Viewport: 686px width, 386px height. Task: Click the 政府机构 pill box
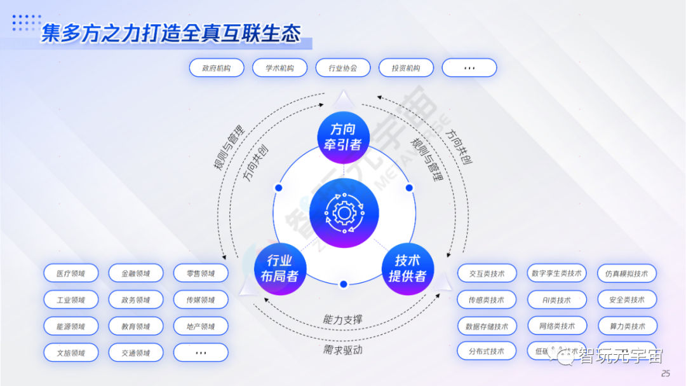(x=217, y=68)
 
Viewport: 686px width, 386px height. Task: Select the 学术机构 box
(x=279, y=68)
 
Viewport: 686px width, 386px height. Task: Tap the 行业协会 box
(x=342, y=68)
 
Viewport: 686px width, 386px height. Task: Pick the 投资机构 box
(x=406, y=68)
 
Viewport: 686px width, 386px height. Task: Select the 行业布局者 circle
(x=279, y=268)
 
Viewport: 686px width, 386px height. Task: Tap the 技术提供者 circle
(x=407, y=268)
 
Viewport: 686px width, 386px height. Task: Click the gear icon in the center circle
(x=344, y=212)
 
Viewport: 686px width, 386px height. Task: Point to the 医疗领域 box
(x=71, y=273)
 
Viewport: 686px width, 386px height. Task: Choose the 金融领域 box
(x=136, y=273)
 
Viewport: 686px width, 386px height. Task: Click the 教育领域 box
(x=136, y=326)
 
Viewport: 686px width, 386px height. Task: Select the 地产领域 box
(x=201, y=326)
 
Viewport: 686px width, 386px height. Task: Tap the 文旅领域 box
(x=71, y=352)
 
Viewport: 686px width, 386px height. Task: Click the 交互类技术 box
(x=487, y=274)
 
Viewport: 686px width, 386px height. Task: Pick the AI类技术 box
(x=557, y=300)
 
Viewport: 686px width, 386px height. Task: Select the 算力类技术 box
(x=627, y=326)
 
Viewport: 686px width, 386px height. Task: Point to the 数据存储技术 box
(x=487, y=326)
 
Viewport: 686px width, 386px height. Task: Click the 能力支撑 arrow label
(x=343, y=319)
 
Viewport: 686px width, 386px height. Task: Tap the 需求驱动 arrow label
(x=343, y=350)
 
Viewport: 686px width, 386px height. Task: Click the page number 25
(x=666, y=373)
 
